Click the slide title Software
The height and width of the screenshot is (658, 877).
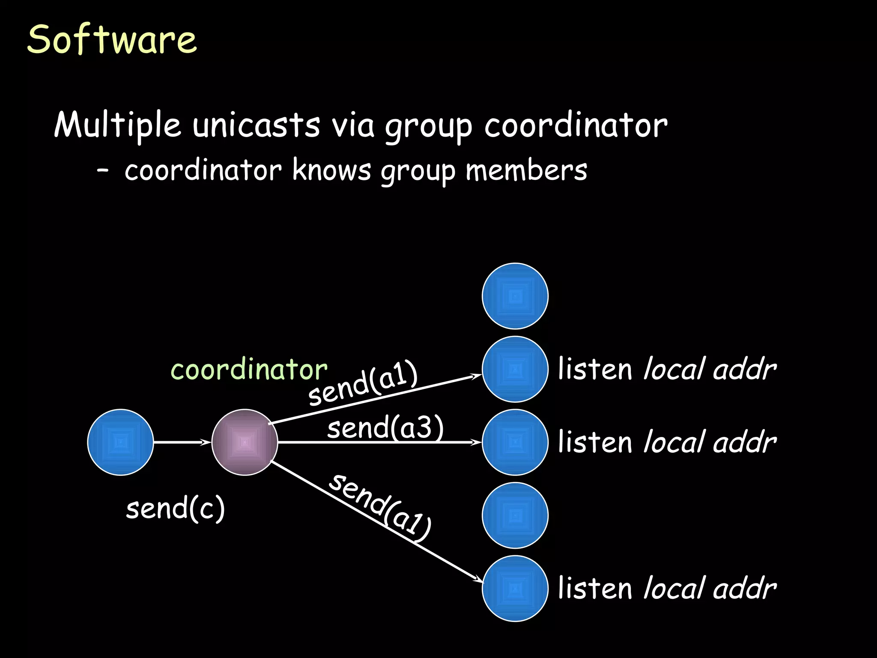coord(112,39)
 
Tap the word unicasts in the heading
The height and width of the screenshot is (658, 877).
coord(256,125)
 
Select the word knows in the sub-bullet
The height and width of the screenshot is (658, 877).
coord(331,170)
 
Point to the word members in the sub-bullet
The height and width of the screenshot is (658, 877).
coord(526,170)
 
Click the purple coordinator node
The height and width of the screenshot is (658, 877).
coord(245,442)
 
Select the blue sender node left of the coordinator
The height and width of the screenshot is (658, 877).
coord(120,442)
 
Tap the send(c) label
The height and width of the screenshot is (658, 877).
coord(175,508)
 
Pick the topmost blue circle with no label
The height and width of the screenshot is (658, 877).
coord(515,296)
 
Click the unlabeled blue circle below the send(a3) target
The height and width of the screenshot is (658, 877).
coord(515,515)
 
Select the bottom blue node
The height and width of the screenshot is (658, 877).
coord(515,588)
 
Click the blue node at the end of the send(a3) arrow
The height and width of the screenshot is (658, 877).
coord(515,442)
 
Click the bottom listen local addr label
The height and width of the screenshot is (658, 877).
coord(667,588)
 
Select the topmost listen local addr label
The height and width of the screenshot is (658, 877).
coord(667,369)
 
